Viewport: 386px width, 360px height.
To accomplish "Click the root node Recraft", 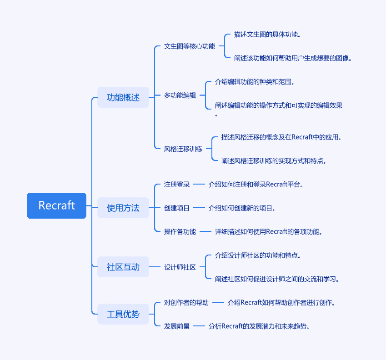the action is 57,205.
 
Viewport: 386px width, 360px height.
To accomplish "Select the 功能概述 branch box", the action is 123,97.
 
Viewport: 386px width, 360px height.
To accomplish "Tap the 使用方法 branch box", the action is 123,208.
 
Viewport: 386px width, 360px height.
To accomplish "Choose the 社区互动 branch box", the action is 123,267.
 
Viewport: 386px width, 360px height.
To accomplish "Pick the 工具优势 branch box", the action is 123,314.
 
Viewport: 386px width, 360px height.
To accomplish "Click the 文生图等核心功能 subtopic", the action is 190,46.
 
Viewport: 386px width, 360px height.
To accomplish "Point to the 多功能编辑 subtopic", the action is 180,95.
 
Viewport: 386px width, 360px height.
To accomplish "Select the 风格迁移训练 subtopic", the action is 183,149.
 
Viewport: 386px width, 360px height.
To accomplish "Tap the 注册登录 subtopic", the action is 177,184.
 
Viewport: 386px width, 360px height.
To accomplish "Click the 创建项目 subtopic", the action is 177,208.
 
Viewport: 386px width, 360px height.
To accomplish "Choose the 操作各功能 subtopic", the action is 180,231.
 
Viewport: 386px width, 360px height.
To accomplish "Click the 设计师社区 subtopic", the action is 180,267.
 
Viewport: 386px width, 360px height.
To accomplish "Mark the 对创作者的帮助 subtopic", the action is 186,302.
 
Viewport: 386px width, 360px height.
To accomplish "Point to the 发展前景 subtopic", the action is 177,326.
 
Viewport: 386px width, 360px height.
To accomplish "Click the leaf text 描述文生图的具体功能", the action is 267,35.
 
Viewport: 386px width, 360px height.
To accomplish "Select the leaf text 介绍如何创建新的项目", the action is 242,208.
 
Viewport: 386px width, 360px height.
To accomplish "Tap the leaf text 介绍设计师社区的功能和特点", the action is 258,255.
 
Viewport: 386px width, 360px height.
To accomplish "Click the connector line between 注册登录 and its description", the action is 199,184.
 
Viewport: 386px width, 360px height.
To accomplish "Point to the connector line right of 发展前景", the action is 199,326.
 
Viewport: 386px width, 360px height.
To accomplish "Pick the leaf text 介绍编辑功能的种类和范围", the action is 255,82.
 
